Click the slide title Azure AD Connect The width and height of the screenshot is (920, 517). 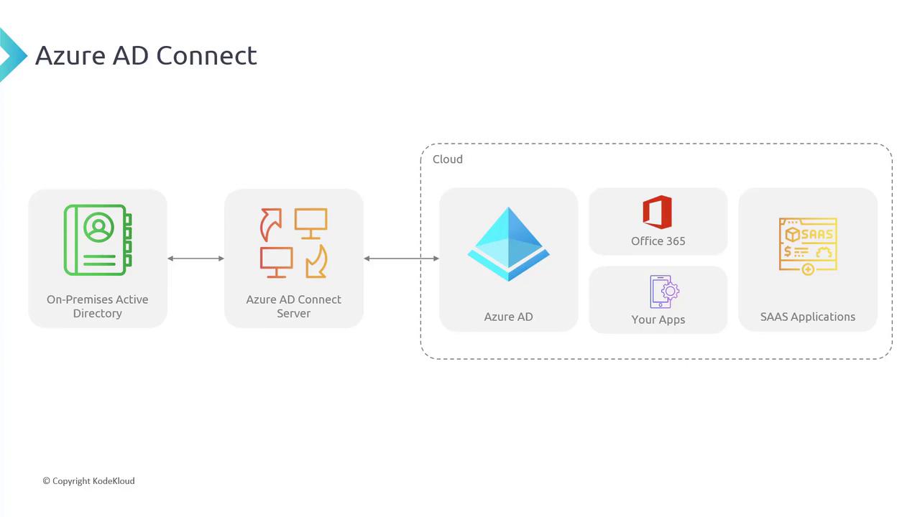point(146,56)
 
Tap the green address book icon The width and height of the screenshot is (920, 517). point(98,240)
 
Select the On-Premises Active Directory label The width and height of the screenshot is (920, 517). point(98,306)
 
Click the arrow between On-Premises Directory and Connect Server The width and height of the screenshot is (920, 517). point(195,258)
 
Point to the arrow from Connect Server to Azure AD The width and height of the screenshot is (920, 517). point(401,258)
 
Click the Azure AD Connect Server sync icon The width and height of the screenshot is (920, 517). point(293,243)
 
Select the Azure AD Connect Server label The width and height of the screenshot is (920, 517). point(293,306)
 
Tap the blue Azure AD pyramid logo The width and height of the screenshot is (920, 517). point(508,244)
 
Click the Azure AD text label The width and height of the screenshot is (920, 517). point(508,317)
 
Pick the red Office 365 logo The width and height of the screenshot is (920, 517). point(657,213)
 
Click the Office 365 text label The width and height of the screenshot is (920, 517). point(658,241)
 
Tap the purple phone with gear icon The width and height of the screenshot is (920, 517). point(663,292)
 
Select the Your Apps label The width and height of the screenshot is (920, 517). point(658,320)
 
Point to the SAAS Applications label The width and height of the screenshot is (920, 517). point(808,317)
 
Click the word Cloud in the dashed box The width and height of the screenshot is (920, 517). point(447,159)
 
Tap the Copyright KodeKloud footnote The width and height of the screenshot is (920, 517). point(88,481)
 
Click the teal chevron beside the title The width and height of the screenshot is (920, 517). point(11,55)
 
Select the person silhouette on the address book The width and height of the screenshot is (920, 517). point(98,228)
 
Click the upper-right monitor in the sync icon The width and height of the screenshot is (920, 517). point(310,222)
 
